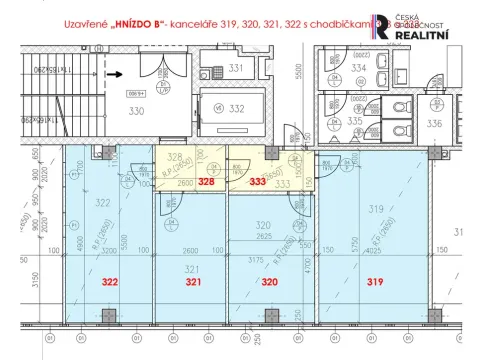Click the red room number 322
click(x=110, y=283)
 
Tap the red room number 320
click(x=268, y=283)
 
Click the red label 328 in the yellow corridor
click(x=205, y=183)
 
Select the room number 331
click(x=236, y=68)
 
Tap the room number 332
click(x=238, y=108)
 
